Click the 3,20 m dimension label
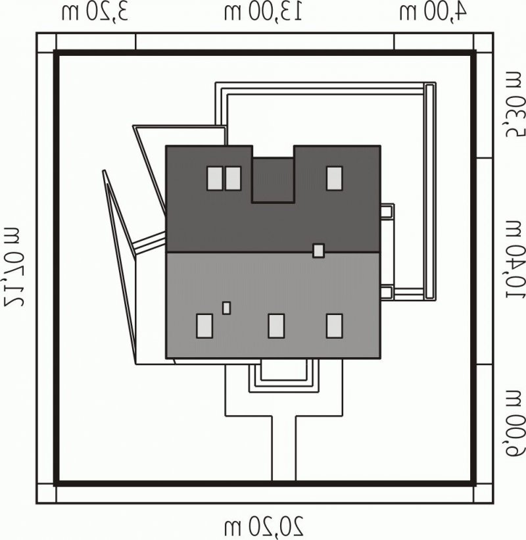coord(95,12)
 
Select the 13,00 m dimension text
coord(264,12)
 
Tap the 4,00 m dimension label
coord(433,12)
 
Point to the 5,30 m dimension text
coord(515,105)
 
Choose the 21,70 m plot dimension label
coord(13,266)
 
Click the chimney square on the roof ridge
coord(318,251)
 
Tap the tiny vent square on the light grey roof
coord(227,308)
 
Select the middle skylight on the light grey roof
coord(276,326)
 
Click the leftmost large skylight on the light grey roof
coord(204,326)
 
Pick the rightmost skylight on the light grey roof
coord(334,326)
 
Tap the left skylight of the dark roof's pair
coord(215,178)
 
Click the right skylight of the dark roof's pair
coord(233,178)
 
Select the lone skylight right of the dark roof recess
coord(334,178)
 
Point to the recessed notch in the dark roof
coord(273,180)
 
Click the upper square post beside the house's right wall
coord(387,211)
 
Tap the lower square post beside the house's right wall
coord(387,292)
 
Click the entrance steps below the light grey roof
coord(284,376)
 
